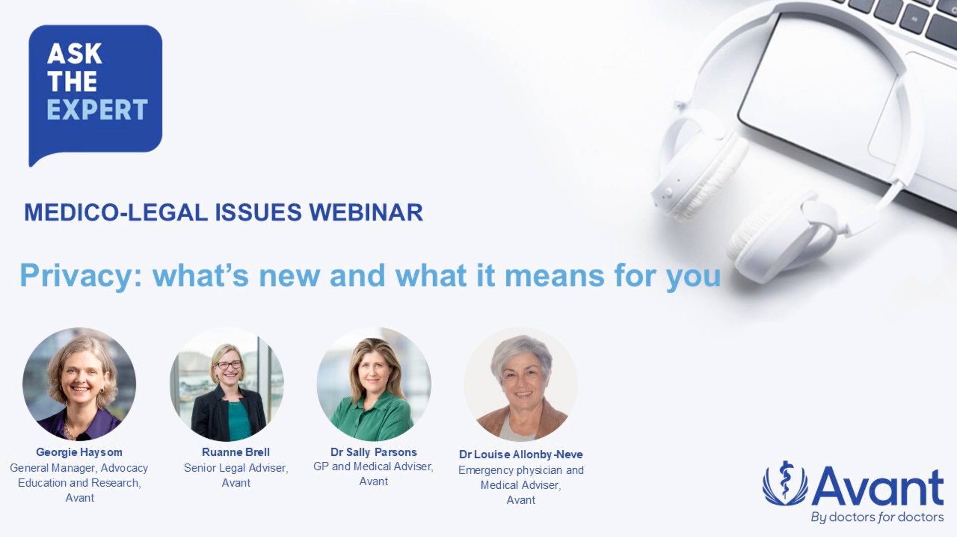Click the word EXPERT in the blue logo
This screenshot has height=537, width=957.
(97, 110)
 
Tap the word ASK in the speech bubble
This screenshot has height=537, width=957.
(75, 54)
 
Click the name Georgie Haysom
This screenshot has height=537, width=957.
(79, 452)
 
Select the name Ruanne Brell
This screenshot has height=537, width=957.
(236, 452)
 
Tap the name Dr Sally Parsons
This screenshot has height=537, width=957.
(374, 452)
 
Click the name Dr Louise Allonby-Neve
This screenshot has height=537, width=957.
(521, 455)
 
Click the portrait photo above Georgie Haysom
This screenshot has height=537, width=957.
(79, 384)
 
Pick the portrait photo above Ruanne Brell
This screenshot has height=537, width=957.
(227, 384)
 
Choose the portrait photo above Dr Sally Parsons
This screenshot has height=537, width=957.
(374, 384)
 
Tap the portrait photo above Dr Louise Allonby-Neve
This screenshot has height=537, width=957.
(521, 384)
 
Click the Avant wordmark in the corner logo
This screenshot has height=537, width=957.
(880, 487)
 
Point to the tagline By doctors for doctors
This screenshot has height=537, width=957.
(877, 517)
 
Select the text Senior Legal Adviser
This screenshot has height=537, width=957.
(236, 468)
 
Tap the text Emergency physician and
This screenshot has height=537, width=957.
(521, 470)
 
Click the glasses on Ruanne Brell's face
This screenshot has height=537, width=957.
(229, 365)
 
